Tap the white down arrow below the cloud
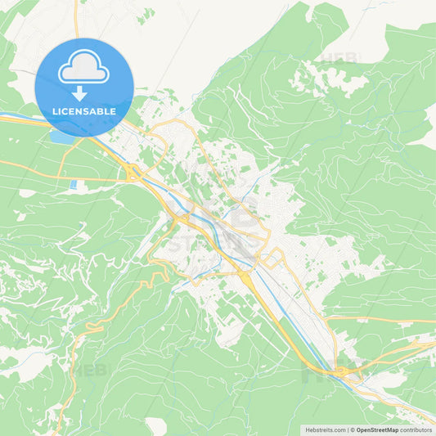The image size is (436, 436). point(79,92)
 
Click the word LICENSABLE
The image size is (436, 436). point(84,111)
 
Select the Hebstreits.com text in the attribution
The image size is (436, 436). point(325,429)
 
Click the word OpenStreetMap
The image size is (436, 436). point(376,429)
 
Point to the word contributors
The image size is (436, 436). point(416,429)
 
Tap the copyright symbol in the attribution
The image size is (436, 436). point(352,429)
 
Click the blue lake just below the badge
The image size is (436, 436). point(62,137)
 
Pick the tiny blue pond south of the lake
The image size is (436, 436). point(73,185)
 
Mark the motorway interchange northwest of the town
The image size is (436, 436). point(131,172)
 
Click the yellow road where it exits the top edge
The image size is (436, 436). point(76,3)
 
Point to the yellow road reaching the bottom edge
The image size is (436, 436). point(57,431)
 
